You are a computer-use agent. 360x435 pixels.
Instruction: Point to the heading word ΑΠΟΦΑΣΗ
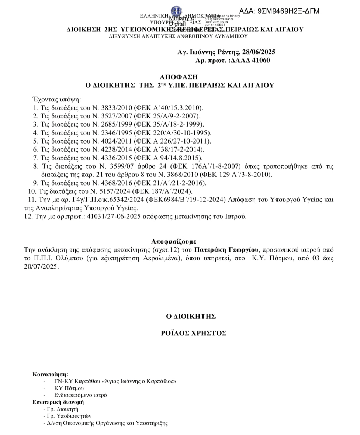click(x=179, y=77)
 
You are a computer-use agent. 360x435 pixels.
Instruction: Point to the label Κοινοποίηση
click(x=51, y=374)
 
